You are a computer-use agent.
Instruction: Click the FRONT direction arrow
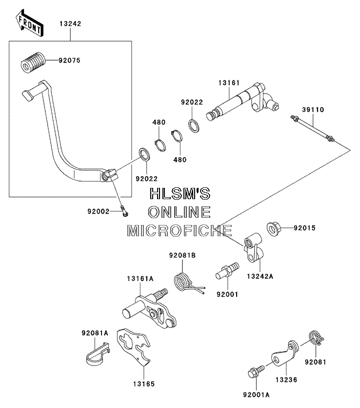(29, 23)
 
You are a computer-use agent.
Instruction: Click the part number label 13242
(70, 24)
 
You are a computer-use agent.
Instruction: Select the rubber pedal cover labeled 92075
(33, 62)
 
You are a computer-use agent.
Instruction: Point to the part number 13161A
(140, 279)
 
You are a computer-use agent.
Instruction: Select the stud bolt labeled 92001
(227, 271)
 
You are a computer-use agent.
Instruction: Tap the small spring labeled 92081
(316, 338)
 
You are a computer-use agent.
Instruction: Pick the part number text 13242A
(260, 276)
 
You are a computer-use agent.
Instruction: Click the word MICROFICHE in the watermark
(180, 231)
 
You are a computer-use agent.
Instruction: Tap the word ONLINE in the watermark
(180, 212)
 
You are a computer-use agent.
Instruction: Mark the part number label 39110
(313, 109)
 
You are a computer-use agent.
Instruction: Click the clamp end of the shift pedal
(109, 175)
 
